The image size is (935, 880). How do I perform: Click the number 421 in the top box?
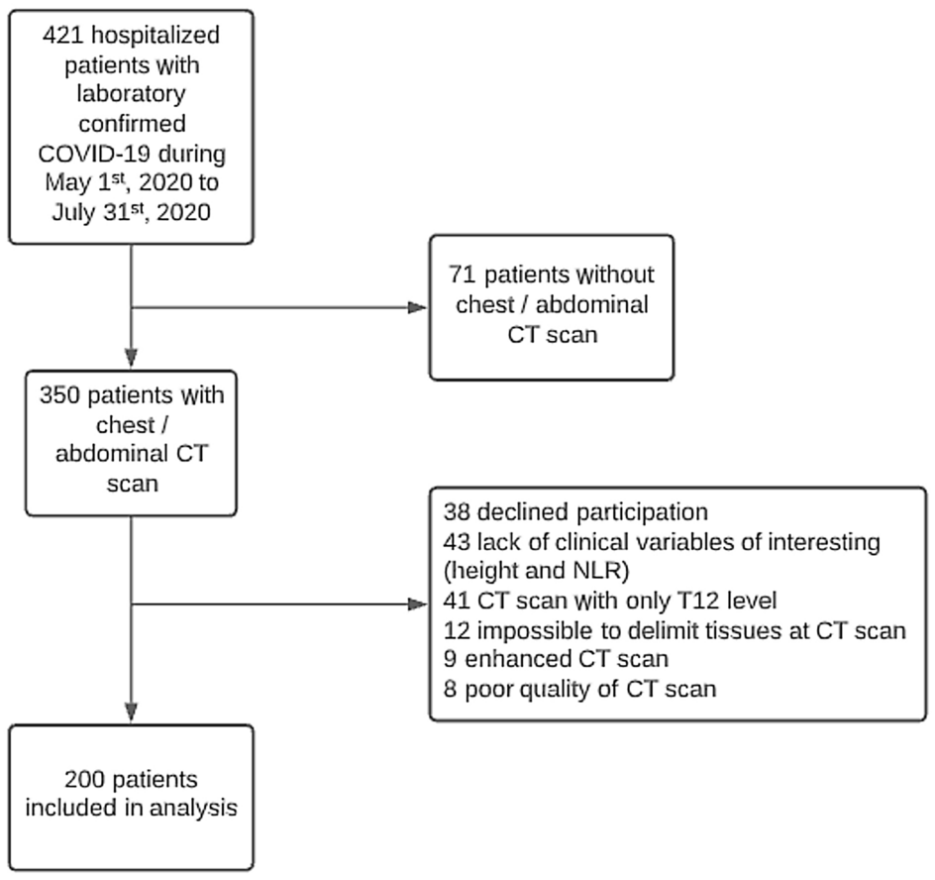(62, 37)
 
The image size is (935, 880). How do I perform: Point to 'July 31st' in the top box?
(84, 213)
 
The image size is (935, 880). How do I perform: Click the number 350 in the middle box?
(59, 395)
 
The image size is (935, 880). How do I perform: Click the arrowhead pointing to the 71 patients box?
(419, 307)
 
